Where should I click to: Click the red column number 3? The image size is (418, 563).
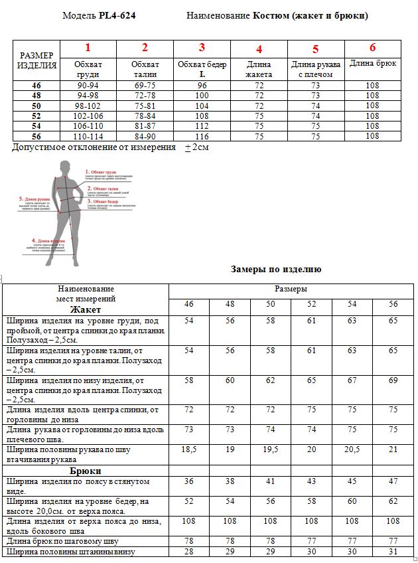pos(202,47)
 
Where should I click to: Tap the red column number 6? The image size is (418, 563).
pos(372,47)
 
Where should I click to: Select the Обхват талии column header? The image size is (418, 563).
pos(145,69)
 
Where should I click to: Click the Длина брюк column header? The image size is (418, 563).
pos(372,64)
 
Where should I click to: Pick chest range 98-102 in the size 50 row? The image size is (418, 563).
pos(88,106)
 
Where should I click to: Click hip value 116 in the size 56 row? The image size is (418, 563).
pos(202,136)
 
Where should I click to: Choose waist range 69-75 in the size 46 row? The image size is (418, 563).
pos(145,86)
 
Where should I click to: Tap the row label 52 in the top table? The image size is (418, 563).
pos(36,116)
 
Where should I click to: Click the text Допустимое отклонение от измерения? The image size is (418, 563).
pos(94,147)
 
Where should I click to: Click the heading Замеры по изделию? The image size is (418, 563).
pos(276,269)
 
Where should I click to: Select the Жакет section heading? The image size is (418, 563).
pos(86,309)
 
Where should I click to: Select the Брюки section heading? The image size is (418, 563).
pos(86,470)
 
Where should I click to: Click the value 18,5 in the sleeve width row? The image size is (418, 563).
pos(188,449)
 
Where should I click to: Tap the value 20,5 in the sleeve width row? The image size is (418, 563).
pos(352,449)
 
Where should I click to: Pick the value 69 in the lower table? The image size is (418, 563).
pos(393,380)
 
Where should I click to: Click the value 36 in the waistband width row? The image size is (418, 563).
pos(188,481)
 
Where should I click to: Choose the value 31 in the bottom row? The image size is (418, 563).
pos(393,552)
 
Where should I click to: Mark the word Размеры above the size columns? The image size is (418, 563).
pos(291,289)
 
